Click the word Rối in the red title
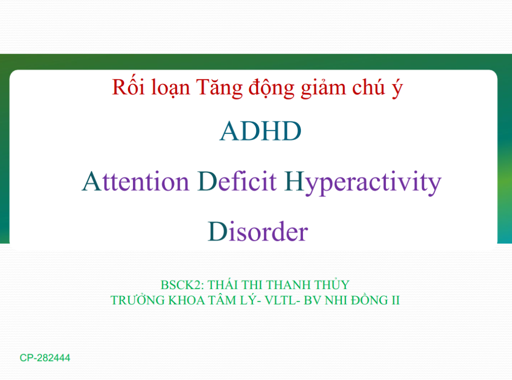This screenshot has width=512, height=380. pyautogui.click(x=128, y=87)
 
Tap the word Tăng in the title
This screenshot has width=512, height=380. pyautogui.click(x=219, y=87)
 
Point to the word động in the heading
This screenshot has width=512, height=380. pyautogui.click(x=271, y=87)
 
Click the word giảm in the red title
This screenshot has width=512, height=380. pyautogui.click(x=323, y=87)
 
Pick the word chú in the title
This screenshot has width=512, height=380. pyautogui.click(x=368, y=87)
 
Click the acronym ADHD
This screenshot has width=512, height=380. pyautogui.click(x=260, y=131)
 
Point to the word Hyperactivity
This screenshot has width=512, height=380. pyautogui.click(x=363, y=183)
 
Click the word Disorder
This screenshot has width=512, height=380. pyautogui.click(x=258, y=231)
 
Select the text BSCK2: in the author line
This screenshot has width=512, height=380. pyautogui.click(x=182, y=285)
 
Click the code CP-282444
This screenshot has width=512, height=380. pyautogui.click(x=45, y=358)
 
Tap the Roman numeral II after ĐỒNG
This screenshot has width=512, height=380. pyautogui.click(x=395, y=300)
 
